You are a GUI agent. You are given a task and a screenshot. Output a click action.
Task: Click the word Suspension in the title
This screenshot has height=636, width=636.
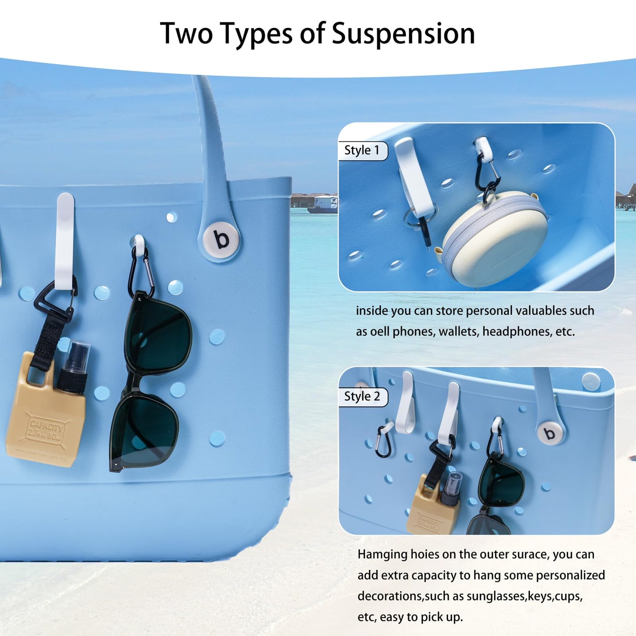[x=403, y=34]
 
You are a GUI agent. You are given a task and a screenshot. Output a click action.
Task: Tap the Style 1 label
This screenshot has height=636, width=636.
[x=362, y=151]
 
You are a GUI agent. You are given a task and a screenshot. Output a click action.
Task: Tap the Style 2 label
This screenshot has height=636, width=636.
[x=362, y=397]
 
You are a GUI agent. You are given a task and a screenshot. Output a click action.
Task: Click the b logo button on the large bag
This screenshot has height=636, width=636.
[x=221, y=239]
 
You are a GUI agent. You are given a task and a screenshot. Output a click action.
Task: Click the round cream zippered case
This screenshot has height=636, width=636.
[x=495, y=234]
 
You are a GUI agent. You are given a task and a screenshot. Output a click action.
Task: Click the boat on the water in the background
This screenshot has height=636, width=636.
[x=323, y=205]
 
